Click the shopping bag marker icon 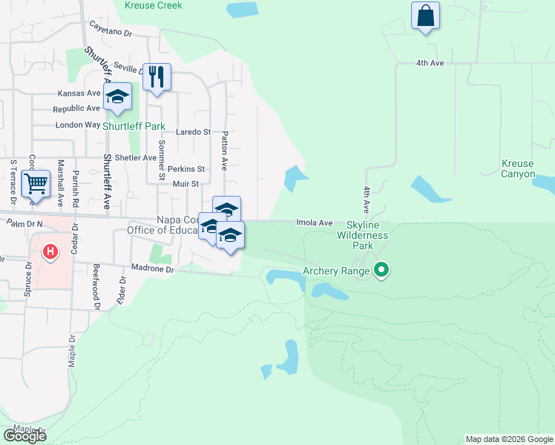[425, 16]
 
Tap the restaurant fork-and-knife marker [157, 77]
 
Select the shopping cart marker [35, 183]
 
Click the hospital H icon [50, 252]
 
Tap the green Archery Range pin [381, 270]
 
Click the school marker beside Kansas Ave [117, 97]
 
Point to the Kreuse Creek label [153, 5]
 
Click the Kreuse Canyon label [517, 168]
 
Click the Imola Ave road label [315, 222]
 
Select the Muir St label [185, 183]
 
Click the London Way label [77, 125]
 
